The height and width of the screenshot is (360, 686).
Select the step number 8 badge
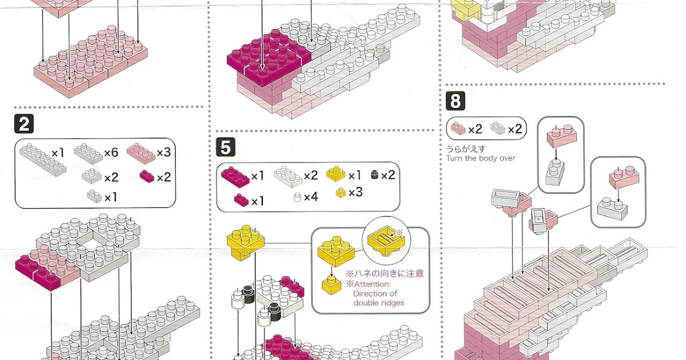455,102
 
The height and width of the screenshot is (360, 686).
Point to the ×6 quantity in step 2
111,153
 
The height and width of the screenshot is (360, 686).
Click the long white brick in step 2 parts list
42,157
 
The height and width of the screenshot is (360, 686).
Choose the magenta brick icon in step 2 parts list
146,177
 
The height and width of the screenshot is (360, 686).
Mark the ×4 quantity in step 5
310,197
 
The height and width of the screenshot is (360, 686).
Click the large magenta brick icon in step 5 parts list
234,176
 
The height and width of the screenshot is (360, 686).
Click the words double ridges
379,302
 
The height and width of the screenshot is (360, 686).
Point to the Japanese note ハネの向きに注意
385,273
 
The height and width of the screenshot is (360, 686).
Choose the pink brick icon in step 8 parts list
458,129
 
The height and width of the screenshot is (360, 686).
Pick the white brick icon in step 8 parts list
498,129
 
